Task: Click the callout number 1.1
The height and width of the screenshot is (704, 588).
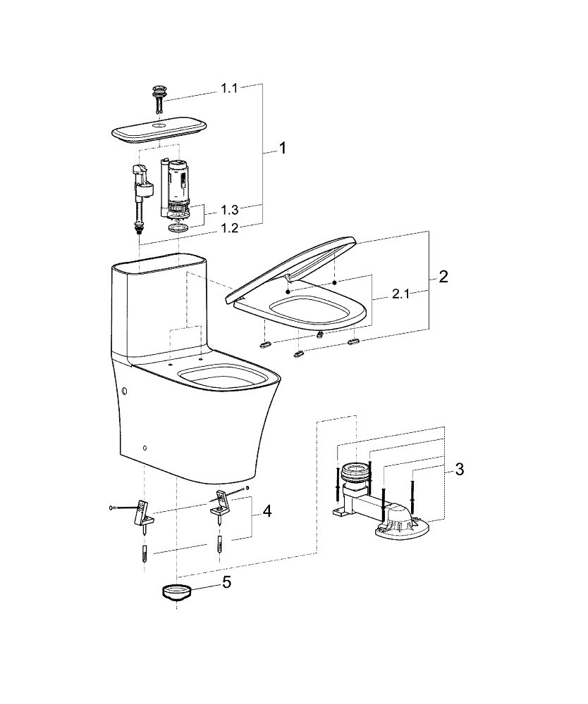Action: pos(230,89)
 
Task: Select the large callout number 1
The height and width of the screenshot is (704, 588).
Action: pos(282,149)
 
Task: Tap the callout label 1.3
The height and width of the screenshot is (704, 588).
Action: pos(230,210)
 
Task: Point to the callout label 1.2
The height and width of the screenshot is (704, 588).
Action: pos(230,227)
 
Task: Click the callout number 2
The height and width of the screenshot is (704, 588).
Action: pos(443,277)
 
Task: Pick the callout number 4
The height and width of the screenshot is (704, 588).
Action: pos(267,511)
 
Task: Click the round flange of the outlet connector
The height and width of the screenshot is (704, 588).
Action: pos(356,470)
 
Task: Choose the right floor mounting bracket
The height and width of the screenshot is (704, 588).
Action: pos(222,502)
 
